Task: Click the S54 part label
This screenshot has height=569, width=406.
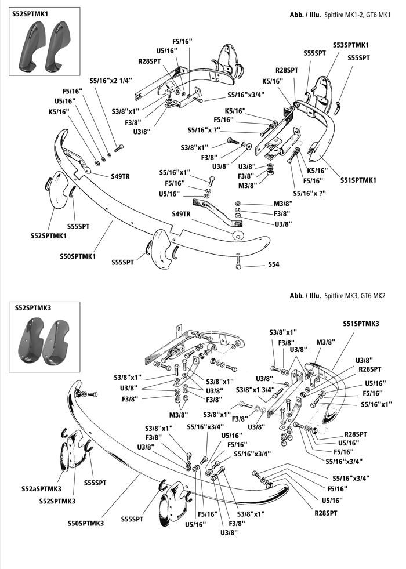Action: (274, 264)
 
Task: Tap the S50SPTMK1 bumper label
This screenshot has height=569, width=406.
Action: (78, 256)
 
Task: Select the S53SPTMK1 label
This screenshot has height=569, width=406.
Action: (351, 45)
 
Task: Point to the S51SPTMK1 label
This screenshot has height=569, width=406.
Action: (358, 180)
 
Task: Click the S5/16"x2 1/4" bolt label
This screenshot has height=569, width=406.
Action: (111, 81)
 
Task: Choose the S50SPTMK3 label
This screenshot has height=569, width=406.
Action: (86, 523)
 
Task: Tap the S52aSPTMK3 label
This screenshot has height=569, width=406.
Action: (41, 489)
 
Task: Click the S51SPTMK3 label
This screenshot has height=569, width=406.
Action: (361, 324)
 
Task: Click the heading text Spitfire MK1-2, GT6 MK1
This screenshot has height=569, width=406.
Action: (357, 15)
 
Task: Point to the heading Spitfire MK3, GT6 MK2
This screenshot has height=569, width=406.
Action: (355, 296)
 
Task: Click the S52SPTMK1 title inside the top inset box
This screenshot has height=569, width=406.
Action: (30, 14)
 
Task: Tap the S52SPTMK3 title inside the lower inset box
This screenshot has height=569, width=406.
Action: (33, 308)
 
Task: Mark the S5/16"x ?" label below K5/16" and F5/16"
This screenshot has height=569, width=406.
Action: (310, 193)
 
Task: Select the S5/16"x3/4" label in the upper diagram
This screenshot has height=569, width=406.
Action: (246, 95)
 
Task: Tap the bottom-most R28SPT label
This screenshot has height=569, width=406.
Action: (325, 513)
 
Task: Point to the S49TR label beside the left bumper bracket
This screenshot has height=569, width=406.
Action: (120, 177)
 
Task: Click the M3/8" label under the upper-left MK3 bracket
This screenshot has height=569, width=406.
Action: (179, 414)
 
